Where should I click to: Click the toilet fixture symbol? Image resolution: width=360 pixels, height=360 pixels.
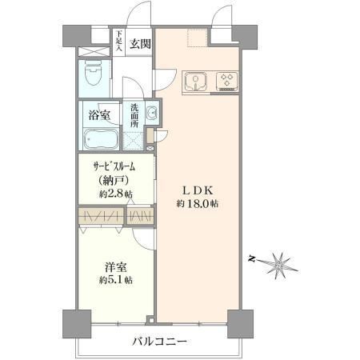click(x=93, y=73)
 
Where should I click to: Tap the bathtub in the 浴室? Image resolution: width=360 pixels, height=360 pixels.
click(x=101, y=138)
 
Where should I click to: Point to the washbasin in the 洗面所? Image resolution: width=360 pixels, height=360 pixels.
click(x=152, y=113)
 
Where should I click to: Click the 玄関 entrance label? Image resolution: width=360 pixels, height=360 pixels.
click(x=140, y=44)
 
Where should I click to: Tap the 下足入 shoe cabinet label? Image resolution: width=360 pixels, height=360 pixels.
click(x=119, y=41)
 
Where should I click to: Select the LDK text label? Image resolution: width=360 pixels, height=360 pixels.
click(x=198, y=190)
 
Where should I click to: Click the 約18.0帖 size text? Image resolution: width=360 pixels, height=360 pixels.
click(x=198, y=204)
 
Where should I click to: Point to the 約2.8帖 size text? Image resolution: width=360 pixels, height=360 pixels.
click(x=116, y=194)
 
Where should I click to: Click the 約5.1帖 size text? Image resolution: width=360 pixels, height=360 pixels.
click(x=116, y=280)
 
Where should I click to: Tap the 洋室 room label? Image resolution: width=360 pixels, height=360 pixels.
click(x=115, y=267)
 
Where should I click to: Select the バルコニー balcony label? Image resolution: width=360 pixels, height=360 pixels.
click(x=159, y=342)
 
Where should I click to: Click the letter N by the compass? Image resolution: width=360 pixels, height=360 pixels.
click(x=250, y=258)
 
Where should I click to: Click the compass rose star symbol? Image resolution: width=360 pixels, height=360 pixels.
click(x=278, y=265)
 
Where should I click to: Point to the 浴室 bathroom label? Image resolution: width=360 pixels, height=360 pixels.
click(x=99, y=115)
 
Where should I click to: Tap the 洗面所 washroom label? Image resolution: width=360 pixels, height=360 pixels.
click(x=134, y=115)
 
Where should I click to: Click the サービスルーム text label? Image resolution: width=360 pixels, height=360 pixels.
click(x=114, y=167)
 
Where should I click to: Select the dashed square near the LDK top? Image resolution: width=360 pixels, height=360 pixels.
click(x=197, y=38)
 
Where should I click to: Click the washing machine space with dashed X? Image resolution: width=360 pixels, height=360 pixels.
click(x=134, y=141)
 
